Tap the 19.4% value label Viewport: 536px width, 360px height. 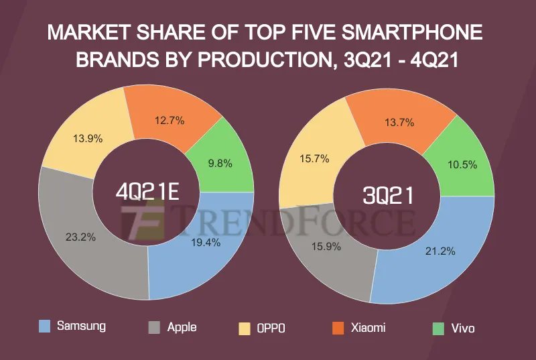pyautogui.click(x=204, y=243)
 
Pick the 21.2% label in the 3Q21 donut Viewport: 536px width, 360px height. pyautogui.click(x=440, y=251)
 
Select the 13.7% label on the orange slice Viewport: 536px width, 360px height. pyautogui.click(x=399, y=123)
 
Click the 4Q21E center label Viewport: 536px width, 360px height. pyautogui.click(x=147, y=192)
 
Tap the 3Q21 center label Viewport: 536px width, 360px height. pyautogui.click(x=388, y=195)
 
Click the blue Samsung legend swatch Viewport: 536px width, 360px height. pyautogui.click(x=45, y=326)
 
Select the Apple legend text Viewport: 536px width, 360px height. pyautogui.click(x=182, y=327)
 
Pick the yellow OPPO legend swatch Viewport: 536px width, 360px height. pyautogui.click(x=245, y=328)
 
